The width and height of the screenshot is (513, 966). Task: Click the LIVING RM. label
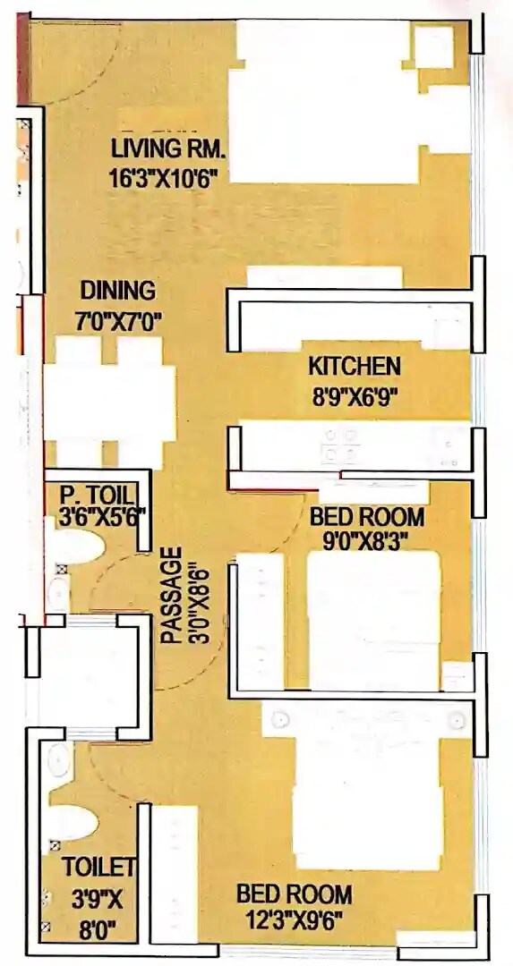click(169, 148)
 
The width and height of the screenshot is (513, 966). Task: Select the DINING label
click(117, 291)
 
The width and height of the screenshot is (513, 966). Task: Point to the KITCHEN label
click(355, 366)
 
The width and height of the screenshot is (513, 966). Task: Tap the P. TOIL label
click(97, 494)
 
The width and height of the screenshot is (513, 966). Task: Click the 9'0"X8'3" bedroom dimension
click(366, 540)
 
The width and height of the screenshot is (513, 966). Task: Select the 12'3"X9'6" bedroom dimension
click(294, 918)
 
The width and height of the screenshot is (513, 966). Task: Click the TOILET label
click(98, 866)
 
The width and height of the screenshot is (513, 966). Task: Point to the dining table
click(109, 402)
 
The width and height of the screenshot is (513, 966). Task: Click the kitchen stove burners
click(340, 445)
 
